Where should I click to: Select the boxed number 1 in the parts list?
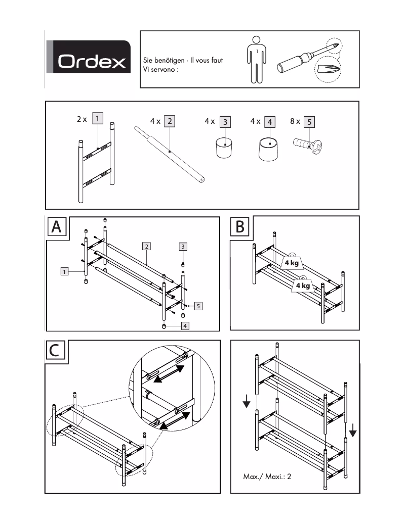[98, 120]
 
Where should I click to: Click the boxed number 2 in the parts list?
[170, 121]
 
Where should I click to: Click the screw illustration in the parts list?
[307, 144]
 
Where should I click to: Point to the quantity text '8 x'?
[295, 121]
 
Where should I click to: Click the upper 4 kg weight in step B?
[291, 263]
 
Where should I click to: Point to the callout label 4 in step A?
[185, 326]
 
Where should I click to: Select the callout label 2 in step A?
[146, 246]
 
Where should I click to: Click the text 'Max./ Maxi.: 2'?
[267, 476]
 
